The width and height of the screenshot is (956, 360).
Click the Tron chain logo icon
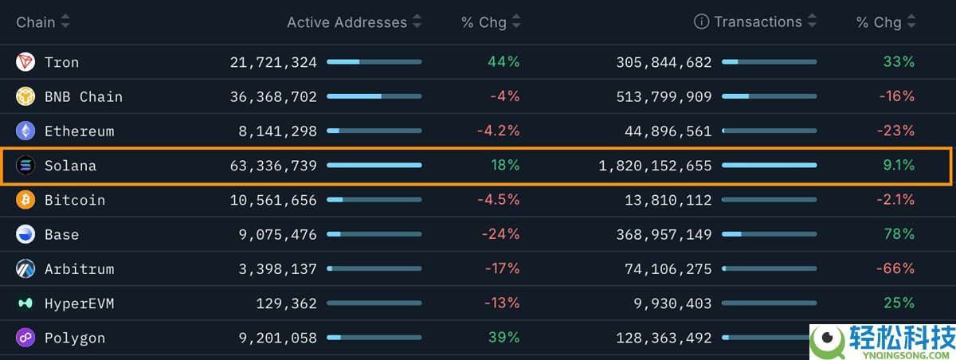pos(25,62)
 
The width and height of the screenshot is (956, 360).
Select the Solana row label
pos(70,166)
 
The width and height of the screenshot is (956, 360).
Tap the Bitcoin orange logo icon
pos(25,200)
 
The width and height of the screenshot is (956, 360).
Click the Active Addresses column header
pos(347,22)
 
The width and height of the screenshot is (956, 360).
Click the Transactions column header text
pos(758,22)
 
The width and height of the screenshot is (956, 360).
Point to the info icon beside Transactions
pos(701,22)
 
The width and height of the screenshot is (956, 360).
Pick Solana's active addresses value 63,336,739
pos(273,166)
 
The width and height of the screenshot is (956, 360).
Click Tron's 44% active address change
pos(503,62)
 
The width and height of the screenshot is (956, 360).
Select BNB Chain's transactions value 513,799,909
pos(664,96)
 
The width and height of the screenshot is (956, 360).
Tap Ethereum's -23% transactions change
pos(896,131)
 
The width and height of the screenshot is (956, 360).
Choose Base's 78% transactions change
pos(899,234)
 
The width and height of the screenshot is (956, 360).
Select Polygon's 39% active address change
pos(503,338)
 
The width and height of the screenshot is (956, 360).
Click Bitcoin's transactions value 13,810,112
pos(668,200)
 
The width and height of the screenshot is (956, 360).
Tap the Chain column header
pos(36,22)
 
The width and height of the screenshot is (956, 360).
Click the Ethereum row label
pos(79,131)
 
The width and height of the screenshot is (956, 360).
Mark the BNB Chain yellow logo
pos(25,96)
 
